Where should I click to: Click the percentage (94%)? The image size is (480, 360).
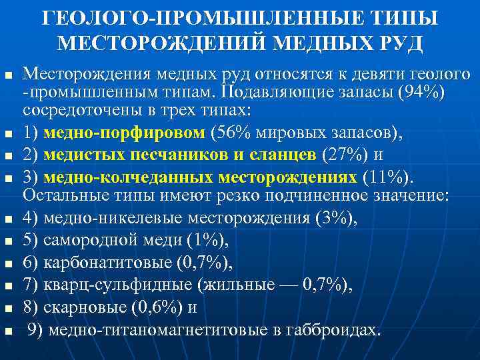(x=419, y=89)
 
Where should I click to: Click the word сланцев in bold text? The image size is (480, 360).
(x=285, y=155)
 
